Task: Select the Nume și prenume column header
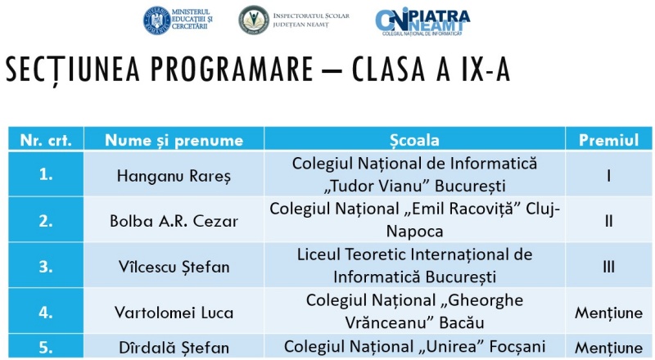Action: [174, 140]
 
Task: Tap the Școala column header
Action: [421, 140]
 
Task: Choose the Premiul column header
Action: [608, 140]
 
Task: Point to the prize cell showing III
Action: [608, 266]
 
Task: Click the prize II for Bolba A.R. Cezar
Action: [608, 220]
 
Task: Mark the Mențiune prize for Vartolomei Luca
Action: [608, 312]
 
